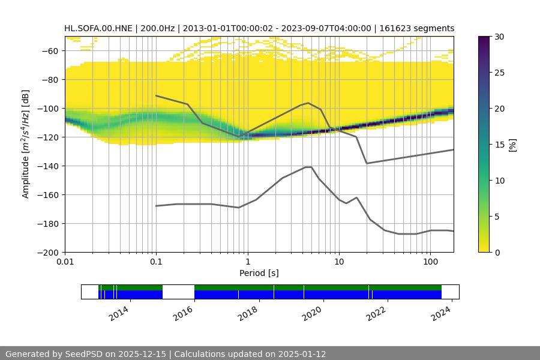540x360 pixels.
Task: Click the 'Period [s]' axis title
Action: tap(259, 273)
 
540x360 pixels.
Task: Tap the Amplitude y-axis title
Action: tap(25, 144)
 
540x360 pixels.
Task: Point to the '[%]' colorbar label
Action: tap(512, 144)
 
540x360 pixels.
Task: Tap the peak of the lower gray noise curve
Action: tap(308, 167)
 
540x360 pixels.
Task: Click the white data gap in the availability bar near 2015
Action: tap(178, 292)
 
